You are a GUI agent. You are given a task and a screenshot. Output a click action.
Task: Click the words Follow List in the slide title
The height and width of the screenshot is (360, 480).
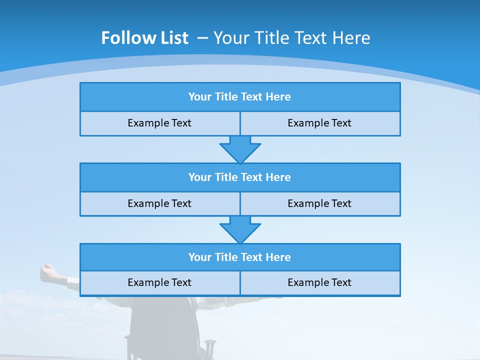(x=144, y=38)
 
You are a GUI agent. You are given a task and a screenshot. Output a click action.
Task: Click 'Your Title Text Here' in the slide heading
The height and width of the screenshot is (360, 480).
(x=291, y=38)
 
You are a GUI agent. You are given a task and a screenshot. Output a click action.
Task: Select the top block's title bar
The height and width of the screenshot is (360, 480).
(x=240, y=97)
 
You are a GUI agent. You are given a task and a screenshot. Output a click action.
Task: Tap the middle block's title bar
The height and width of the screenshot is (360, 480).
(x=240, y=177)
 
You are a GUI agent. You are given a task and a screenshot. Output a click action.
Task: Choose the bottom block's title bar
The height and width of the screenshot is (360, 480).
(x=240, y=257)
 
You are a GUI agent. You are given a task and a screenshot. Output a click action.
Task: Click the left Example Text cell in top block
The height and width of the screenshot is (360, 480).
(x=159, y=123)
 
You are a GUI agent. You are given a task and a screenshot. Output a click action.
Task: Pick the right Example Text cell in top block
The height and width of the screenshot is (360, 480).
(x=319, y=123)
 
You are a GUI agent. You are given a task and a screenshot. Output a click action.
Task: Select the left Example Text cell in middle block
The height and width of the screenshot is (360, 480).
(x=159, y=203)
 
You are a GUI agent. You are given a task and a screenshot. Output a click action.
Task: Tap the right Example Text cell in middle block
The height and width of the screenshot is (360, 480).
(x=319, y=203)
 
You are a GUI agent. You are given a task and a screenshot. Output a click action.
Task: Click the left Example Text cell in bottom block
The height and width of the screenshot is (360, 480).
(x=159, y=282)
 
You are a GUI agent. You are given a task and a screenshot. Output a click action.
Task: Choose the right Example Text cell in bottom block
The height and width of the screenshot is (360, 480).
(x=319, y=282)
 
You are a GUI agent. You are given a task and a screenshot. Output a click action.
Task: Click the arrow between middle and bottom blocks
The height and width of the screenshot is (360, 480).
(x=240, y=229)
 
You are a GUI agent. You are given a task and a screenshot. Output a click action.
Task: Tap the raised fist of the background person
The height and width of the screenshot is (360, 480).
(x=48, y=270)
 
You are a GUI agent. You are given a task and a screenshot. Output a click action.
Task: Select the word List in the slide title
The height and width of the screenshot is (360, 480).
(x=173, y=38)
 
